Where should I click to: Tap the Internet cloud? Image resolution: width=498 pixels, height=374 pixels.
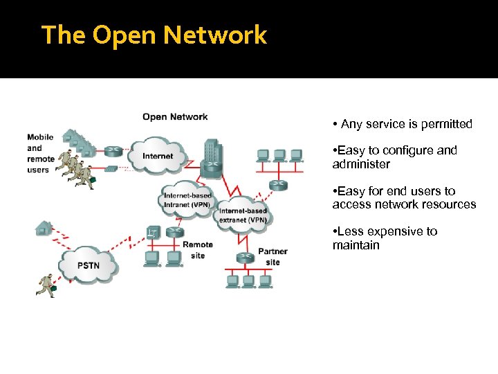pyautogui.click(x=158, y=155)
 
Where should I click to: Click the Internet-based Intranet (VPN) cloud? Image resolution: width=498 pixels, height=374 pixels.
pyautogui.click(x=187, y=200)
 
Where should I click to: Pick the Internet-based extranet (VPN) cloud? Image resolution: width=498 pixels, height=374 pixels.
pyautogui.click(x=243, y=215)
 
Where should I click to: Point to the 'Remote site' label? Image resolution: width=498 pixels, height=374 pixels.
pyautogui.click(x=198, y=250)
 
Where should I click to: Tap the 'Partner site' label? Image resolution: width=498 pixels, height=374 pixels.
pyautogui.click(x=273, y=256)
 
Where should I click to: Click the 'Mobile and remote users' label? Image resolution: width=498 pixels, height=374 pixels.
pyautogui.click(x=39, y=153)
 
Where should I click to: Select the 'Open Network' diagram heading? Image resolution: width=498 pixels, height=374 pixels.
pyautogui.click(x=175, y=116)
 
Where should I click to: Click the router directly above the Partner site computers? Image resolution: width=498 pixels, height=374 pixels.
pyautogui.click(x=244, y=258)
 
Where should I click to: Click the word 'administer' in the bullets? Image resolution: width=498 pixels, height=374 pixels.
pyautogui.click(x=361, y=164)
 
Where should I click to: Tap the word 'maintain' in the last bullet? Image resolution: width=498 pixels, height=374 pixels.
pyautogui.click(x=356, y=245)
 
